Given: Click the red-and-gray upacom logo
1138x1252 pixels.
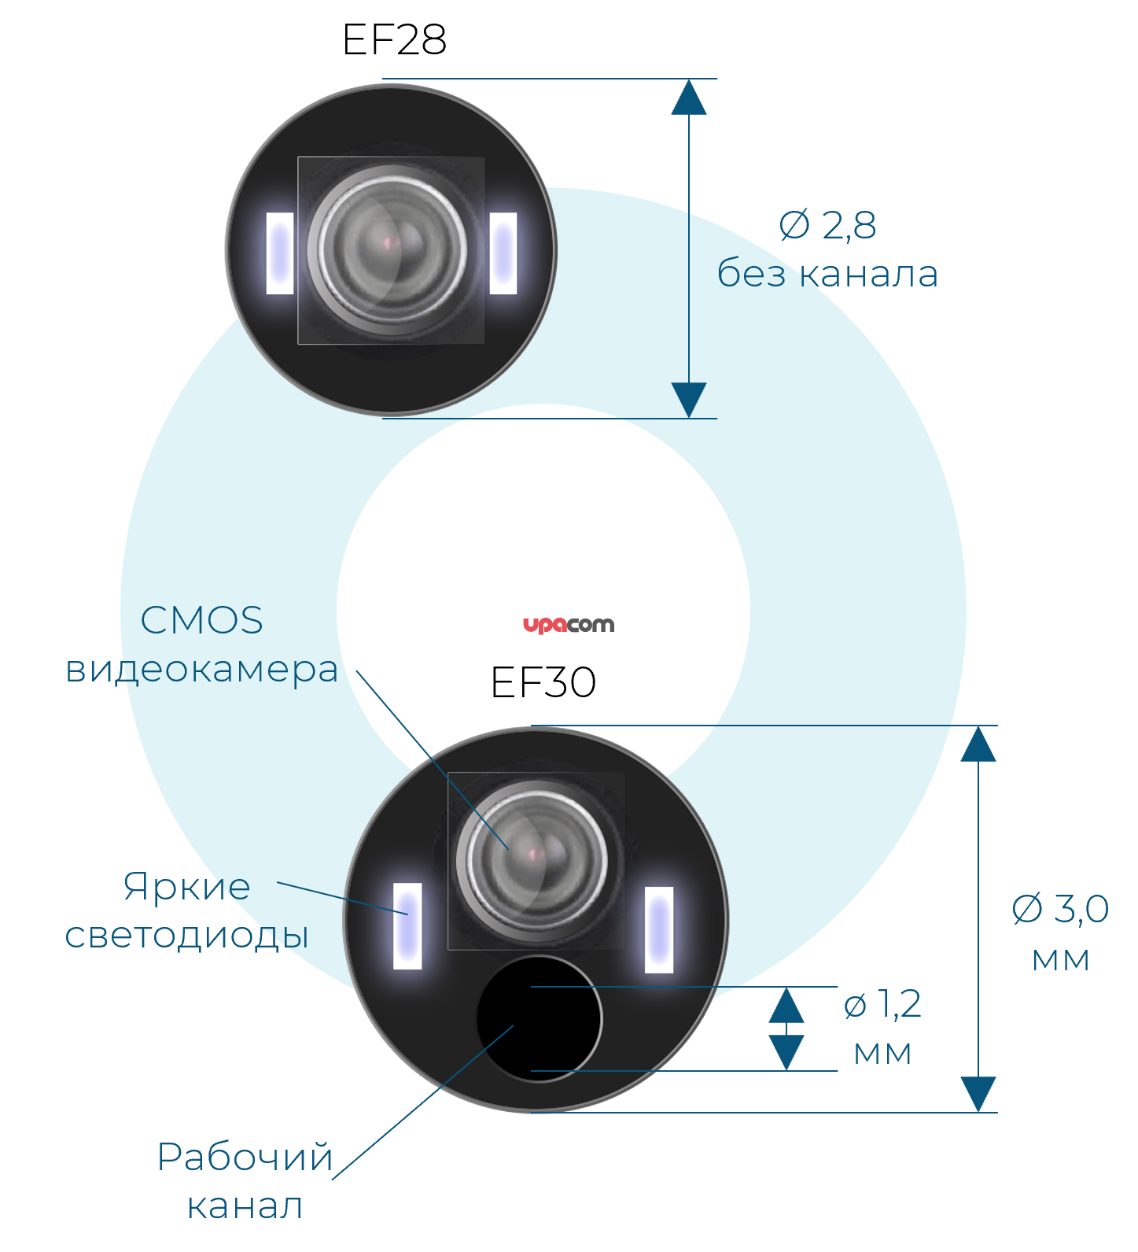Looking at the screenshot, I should click(568, 625).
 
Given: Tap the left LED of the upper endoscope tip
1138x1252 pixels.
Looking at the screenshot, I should click(280, 253).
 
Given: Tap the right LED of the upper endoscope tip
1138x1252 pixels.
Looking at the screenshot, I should click(503, 253).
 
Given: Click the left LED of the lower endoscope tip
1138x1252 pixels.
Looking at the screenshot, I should click(407, 925).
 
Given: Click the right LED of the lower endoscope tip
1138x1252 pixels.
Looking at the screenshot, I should click(659, 929).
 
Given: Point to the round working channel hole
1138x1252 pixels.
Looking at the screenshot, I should click(540, 1018).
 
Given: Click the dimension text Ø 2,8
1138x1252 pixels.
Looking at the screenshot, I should click(827, 225).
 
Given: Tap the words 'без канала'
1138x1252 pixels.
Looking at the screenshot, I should click(827, 274).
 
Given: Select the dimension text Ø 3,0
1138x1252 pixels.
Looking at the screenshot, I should click(1060, 910).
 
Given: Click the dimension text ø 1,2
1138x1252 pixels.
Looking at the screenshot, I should click(882, 1005).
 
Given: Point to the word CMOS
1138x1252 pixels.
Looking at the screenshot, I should click(201, 620).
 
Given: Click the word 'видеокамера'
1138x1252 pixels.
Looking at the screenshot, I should click(201, 670).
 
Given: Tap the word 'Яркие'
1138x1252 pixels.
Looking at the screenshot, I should click(187, 887).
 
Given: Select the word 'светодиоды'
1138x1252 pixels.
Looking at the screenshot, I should click(187, 936).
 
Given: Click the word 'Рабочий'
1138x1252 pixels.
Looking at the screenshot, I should click(245, 1158).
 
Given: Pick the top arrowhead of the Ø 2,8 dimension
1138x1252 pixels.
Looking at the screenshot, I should click(689, 98).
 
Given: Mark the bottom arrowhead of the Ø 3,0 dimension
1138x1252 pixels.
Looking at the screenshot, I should click(978, 1094).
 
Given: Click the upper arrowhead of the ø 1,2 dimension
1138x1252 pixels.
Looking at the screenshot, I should click(786, 1005).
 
